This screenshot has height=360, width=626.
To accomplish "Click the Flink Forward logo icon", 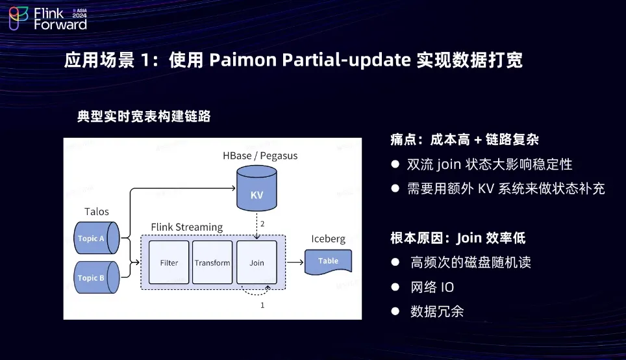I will click(x=18, y=18).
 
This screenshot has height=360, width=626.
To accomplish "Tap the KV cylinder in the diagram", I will click(x=257, y=188).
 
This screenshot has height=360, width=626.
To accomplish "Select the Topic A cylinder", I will click(x=95, y=238).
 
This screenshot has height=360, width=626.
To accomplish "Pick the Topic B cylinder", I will click(x=95, y=277).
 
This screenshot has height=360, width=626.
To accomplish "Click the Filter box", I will click(x=169, y=263).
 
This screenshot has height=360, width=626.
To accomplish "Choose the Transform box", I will click(x=212, y=263).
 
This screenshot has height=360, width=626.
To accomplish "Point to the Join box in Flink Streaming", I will click(x=257, y=263).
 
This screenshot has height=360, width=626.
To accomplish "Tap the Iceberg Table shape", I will click(x=329, y=261).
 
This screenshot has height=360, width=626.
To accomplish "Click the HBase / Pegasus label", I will click(x=260, y=156).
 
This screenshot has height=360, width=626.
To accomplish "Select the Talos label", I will click(x=97, y=212).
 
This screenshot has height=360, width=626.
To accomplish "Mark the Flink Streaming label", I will click(x=187, y=227).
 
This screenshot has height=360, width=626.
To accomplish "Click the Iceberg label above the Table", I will click(x=329, y=238).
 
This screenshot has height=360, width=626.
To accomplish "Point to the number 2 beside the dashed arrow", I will click(x=262, y=224).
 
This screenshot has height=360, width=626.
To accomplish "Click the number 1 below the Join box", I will click(x=262, y=304).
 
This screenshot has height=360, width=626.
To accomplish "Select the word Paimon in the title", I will click(x=242, y=60).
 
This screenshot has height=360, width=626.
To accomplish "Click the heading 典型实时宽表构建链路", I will click(x=144, y=116).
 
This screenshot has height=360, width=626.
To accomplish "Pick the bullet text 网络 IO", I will click(x=432, y=287).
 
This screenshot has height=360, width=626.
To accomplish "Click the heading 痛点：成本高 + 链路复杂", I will click(x=465, y=139).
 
